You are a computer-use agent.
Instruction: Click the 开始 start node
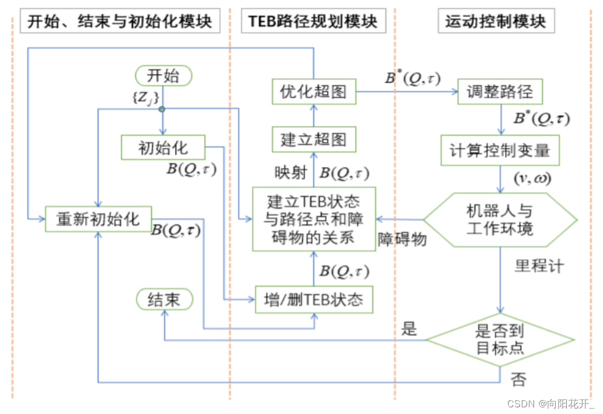(x=163, y=76)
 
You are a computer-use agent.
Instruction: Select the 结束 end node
(x=164, y=300)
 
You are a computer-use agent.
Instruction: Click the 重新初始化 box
(x=98, y=218)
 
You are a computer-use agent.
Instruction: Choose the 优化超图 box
(x=313, y=92)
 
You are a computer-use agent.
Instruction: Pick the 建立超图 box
(x=313, y=139)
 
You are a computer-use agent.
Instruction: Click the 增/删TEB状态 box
(x=313, y=300)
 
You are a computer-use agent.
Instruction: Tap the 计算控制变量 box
(x=500, y=150)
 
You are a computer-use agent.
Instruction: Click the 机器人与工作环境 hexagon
(x=500, y=220)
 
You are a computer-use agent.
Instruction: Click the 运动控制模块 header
(x=495, y=22)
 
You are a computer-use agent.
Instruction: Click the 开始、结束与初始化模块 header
(x=120, y=22)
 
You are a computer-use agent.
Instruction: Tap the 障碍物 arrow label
(x=402, y=240)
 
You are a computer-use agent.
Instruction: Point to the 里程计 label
(x=538, y=266)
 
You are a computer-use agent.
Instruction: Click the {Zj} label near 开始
(x=145, y=99)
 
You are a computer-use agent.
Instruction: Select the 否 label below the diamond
(x=518, y=381)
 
